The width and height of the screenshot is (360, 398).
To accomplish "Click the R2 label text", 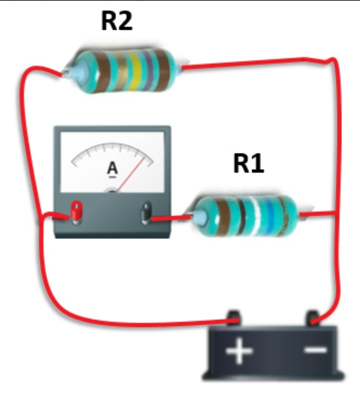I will [x=117, y=21].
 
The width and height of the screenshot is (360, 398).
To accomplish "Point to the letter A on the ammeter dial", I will [x=112, y=168].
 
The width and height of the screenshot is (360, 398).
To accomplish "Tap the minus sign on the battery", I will [x=316, y=350].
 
